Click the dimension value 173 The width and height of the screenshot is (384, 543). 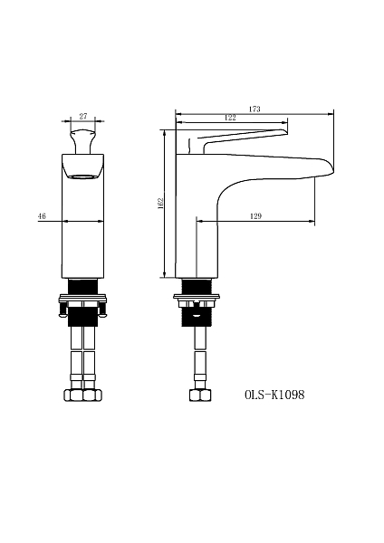coord(254,110)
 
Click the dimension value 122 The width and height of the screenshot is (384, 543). coord(230,118)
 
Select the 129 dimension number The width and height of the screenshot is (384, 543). coord(255,216)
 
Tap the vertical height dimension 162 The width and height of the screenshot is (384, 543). coord(159,203)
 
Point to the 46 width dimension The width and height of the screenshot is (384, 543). coord(42,216)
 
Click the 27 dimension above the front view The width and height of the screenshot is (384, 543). coord(83,117)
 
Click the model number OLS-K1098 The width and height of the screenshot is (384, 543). coord(274,395)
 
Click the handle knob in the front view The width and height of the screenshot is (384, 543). coord(82,141)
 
